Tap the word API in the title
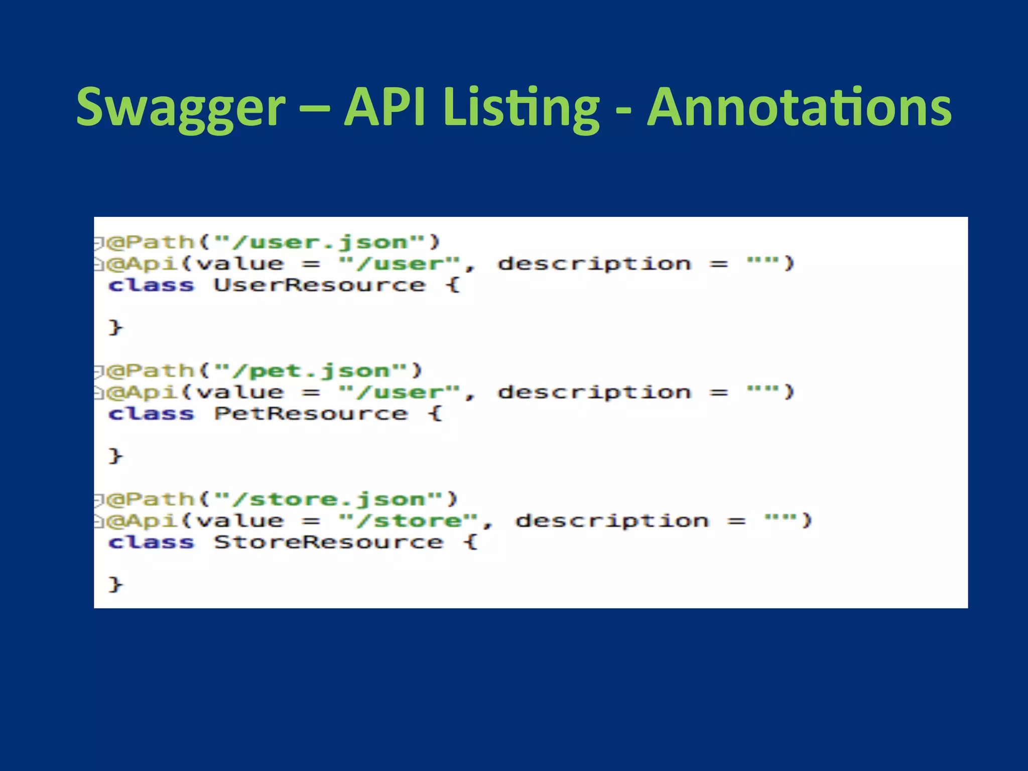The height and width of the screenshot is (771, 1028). click(385, 107)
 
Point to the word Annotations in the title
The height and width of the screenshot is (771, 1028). click(799, 107)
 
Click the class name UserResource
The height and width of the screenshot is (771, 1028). click(320, 285)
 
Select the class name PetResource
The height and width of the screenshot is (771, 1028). click(311, 414)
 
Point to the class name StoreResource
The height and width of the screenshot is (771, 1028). click(329, 542)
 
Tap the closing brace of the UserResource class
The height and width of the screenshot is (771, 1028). click(115, 327)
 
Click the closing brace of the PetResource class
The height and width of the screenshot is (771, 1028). click(115, 456)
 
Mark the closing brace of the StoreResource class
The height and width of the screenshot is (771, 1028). click(115, 584)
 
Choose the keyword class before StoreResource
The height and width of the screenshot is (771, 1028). click(151, 542)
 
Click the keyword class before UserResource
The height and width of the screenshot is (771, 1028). click(151, 285)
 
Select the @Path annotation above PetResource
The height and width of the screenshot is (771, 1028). click(151, 371)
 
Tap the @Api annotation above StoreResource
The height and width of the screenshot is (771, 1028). click(143, 521)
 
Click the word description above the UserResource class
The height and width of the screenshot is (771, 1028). click(594, 264)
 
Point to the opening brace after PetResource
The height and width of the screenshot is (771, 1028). click(435, 414)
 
